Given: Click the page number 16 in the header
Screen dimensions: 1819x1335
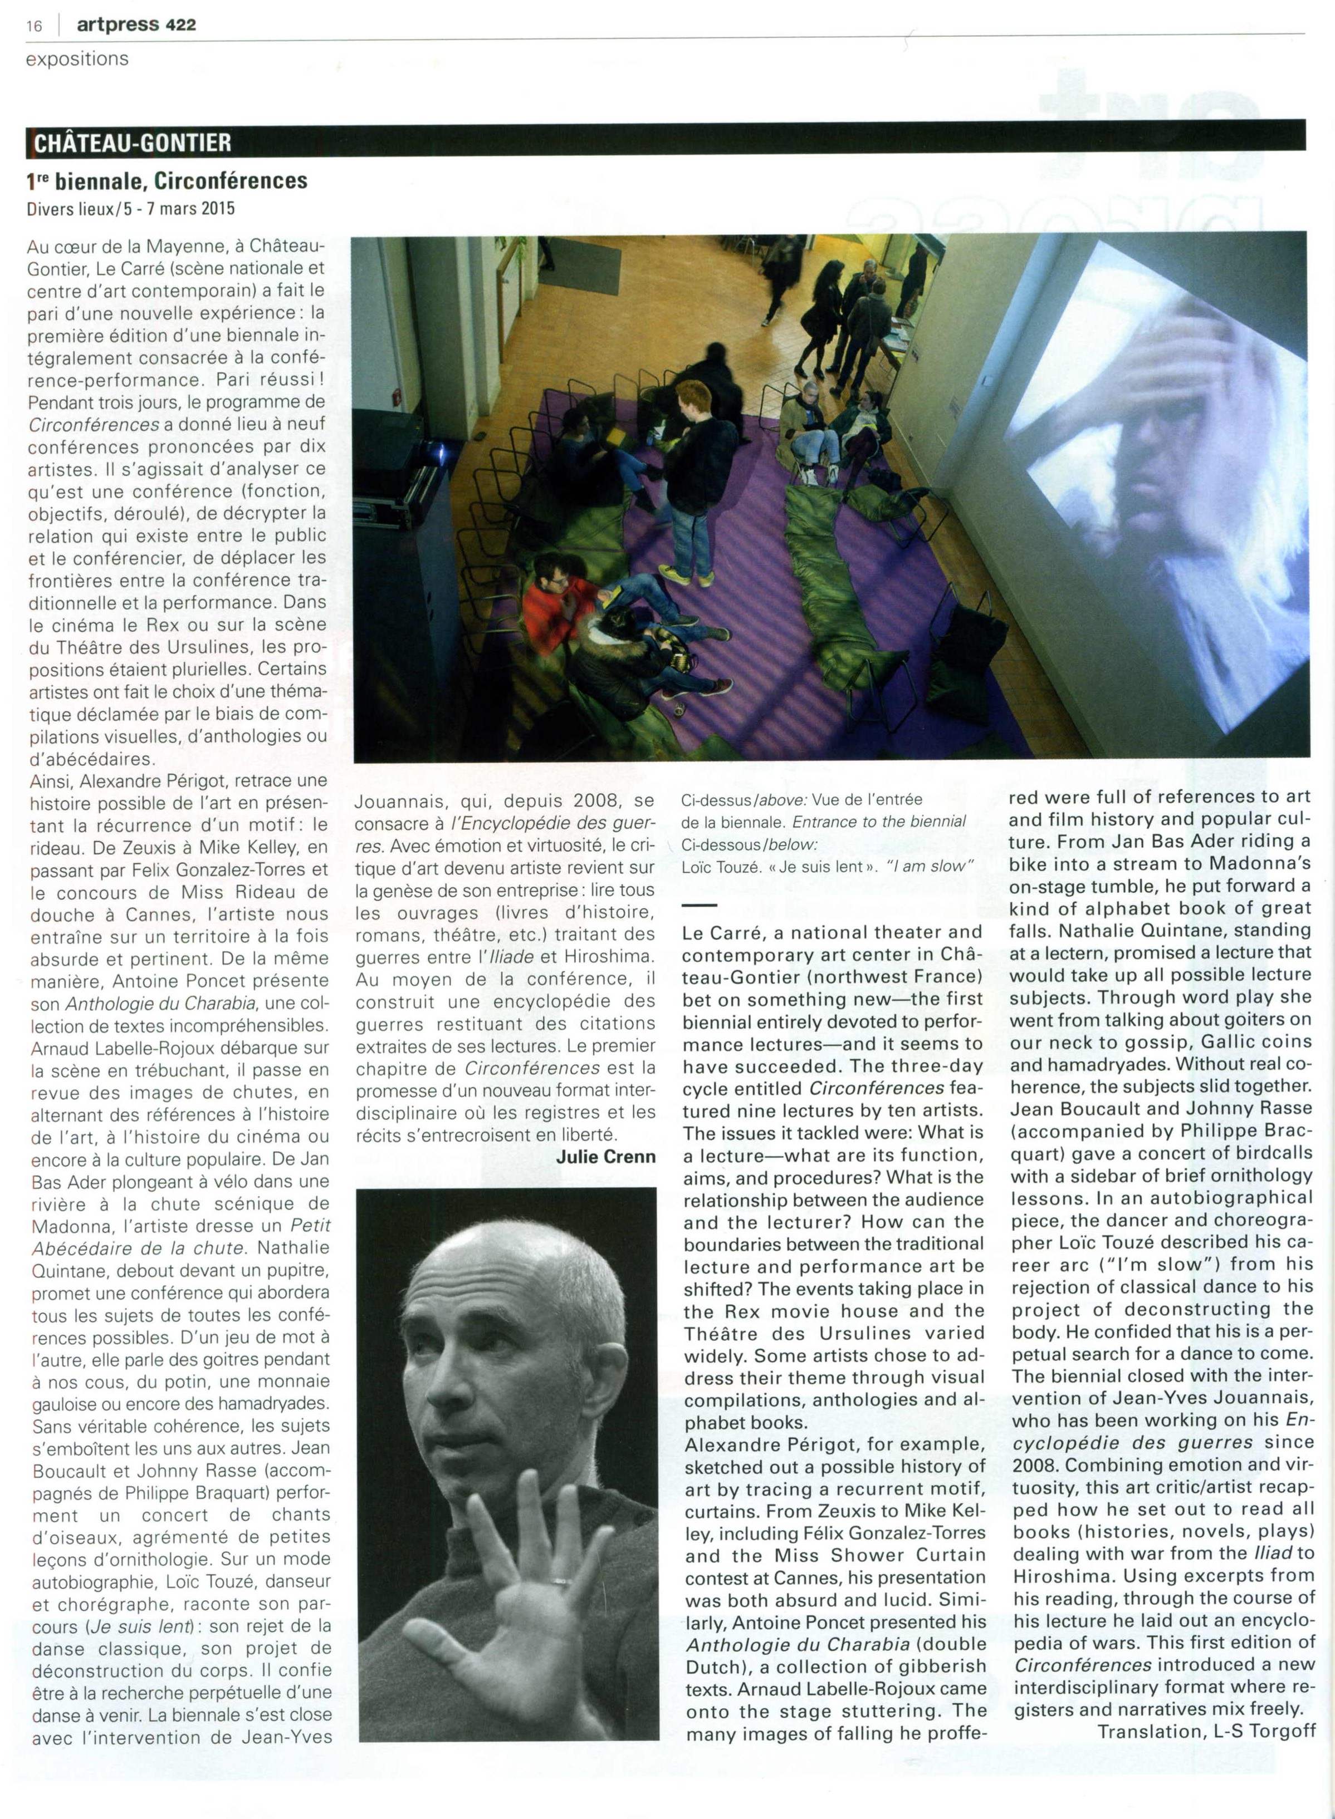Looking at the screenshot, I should coord(34,26).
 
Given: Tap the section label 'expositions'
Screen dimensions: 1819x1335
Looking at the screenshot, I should coord(77,59).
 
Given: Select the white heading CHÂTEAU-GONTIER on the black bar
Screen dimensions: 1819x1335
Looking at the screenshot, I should coord(132,143).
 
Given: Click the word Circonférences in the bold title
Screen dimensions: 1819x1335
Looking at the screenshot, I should coord(231,180).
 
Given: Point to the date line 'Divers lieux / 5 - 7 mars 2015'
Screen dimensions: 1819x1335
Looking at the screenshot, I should coord(130,208).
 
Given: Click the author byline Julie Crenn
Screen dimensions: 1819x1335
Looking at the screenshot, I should coord(605,1156).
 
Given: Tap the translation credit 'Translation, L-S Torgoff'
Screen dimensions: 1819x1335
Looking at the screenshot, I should coord(1206,1731).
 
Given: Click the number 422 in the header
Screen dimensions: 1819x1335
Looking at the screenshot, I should coord(180,25).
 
